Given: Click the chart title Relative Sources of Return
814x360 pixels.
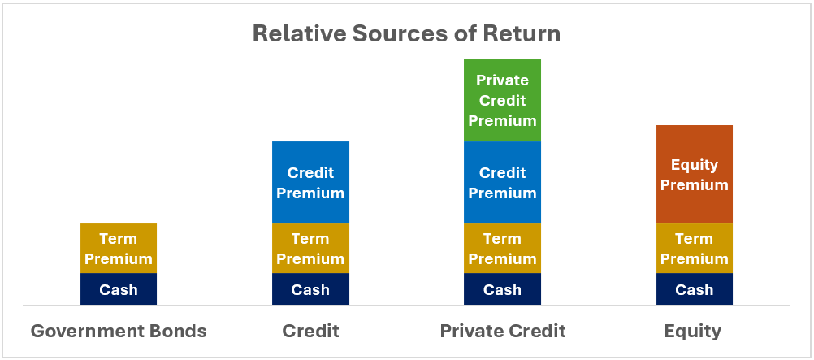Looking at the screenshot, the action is [x=406, y=34].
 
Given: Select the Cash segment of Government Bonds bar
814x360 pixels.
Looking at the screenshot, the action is [x=119, y=288].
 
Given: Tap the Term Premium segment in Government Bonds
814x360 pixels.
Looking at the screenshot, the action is [x=119, y=249].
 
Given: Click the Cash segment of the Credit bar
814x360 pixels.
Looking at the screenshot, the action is [x=310, y=288].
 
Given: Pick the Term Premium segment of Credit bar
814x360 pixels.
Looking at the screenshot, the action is [x=310, y=249].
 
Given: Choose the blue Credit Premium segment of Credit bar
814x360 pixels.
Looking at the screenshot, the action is [x=310, y=182].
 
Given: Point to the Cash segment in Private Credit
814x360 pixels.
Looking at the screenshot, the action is [x=503, y=288].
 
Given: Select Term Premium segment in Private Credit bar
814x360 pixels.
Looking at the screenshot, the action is [x=503, y=249].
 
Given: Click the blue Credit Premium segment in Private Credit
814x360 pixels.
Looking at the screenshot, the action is [x=503, y=182].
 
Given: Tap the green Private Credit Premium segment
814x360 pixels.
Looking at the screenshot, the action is [x=503, y=100].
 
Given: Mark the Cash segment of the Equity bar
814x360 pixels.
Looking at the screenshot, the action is [x=695, y=288].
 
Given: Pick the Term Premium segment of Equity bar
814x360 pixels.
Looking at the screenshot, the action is [x=695, y=249].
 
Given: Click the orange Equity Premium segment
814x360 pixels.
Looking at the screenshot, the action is [x=695, y=175].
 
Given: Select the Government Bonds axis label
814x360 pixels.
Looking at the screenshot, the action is [x=119, y=331].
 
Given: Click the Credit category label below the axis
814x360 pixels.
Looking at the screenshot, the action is [x=310, y=331].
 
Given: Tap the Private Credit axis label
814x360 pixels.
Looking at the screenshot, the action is [x=503, y=331].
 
